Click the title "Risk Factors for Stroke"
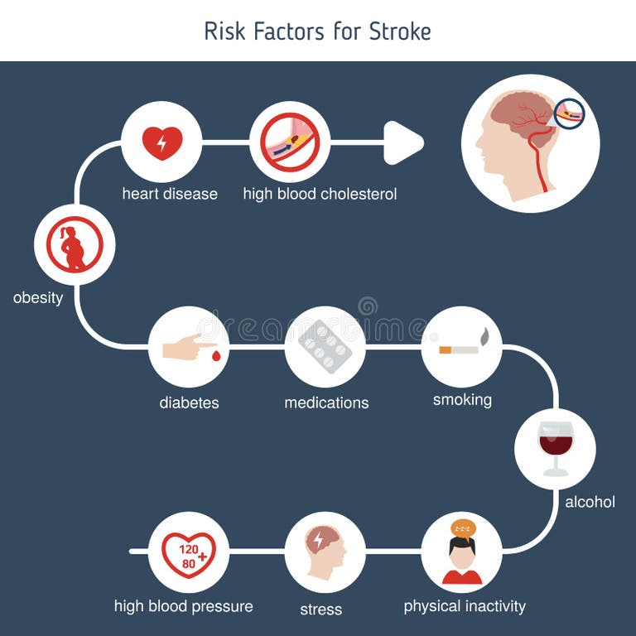[x=317, y=31]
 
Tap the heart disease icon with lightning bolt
[x=161, y=142]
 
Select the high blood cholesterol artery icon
[x=290, y=142]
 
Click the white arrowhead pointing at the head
[x=403, y=142]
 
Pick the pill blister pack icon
[x=325, y=347]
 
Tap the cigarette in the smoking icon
[x=459, y=349]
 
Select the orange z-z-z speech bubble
[x=462, y=528]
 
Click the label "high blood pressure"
[x=183, y=606]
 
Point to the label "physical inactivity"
[x=465, y=606]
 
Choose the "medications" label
[x=326, y=403]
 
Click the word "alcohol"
[x=590, y=502]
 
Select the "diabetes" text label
[x=189, y=403]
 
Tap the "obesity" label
[x=38, y=298]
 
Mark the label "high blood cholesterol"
[x=320, y=195]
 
